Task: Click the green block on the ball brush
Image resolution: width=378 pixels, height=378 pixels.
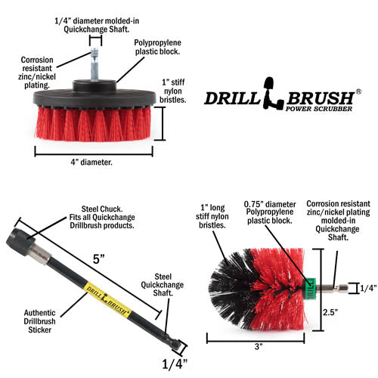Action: pyautogui.click(x=308, y=286)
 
